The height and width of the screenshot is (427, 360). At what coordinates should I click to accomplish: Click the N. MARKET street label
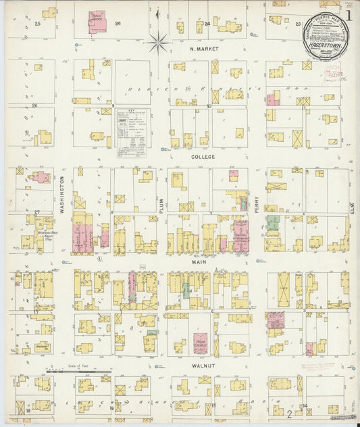pos(203,49)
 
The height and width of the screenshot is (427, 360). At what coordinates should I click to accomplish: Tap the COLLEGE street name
pos(202,157)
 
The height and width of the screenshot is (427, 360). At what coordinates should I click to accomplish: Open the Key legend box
pos(131,134)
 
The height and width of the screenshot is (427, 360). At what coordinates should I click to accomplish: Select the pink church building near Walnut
pos(201,343)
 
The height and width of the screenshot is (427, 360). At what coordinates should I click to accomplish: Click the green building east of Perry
pos(272,222)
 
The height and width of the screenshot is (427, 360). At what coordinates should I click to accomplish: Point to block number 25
pos(38,24)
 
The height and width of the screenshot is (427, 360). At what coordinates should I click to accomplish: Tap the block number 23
pos(298,24)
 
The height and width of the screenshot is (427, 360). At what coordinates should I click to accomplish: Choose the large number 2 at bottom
pos(289,413)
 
